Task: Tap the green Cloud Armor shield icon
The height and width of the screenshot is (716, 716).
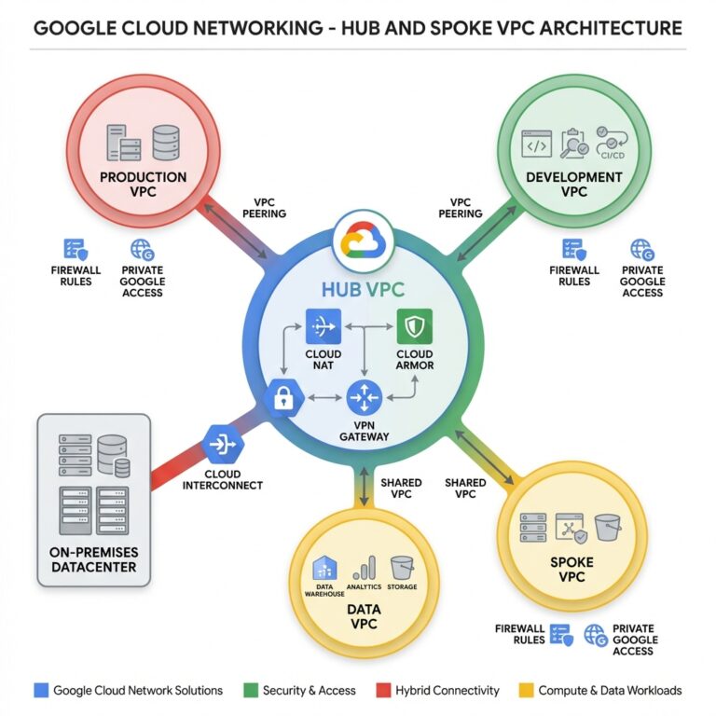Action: click(414, 326)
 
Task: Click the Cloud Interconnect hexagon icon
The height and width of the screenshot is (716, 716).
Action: click(223, 446)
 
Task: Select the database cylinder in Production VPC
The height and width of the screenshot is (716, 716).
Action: click(165, 142)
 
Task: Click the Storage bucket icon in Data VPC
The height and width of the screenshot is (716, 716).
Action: click(402, 567)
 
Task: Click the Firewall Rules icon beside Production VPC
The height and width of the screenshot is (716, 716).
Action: click(75, 250)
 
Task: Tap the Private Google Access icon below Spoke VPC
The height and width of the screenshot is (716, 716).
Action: click(595, 636)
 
